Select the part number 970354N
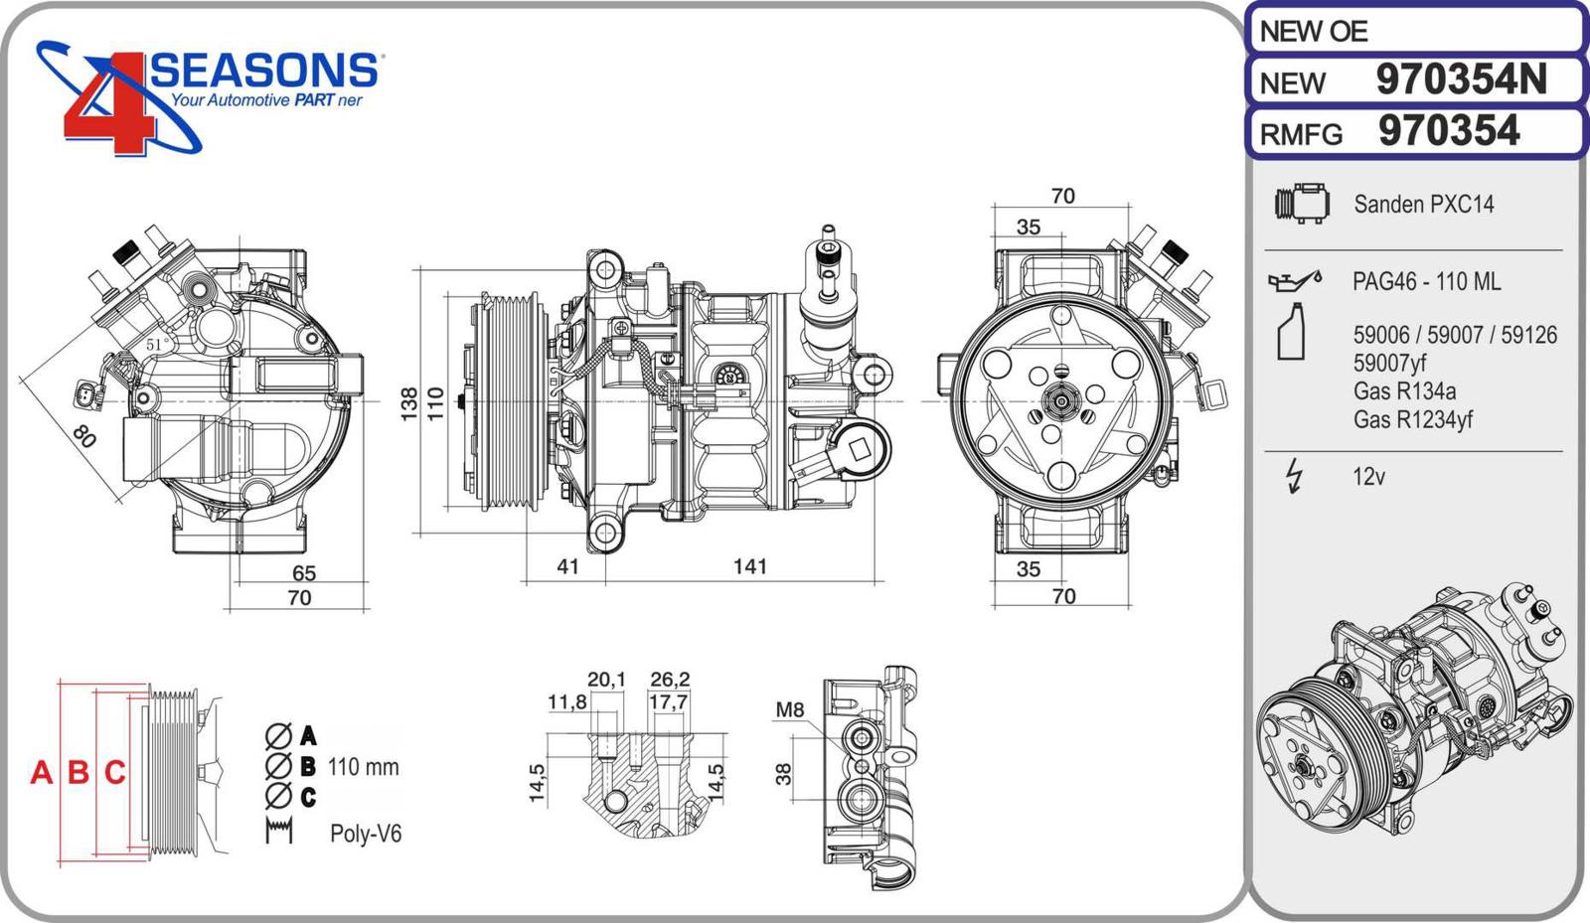pos(1461,79)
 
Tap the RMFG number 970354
pos(1449,131)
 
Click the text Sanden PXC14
pos(1423,205)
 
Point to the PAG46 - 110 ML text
pos(1426,282)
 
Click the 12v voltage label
pos(1368,477)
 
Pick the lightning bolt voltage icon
pos(1294,476)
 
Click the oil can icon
pos(1294,281)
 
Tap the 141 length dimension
pos(749,566)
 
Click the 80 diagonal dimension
pos(84,435)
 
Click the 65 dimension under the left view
pos(303,573)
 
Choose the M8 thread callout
pos(789,709)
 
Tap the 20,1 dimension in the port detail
pos(606,680)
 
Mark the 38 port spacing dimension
pos(784,773)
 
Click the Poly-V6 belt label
pos(366,834)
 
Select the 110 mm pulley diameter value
pos(364,767)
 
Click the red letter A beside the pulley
pos(41,772)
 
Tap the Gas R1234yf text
pos(1412,419)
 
